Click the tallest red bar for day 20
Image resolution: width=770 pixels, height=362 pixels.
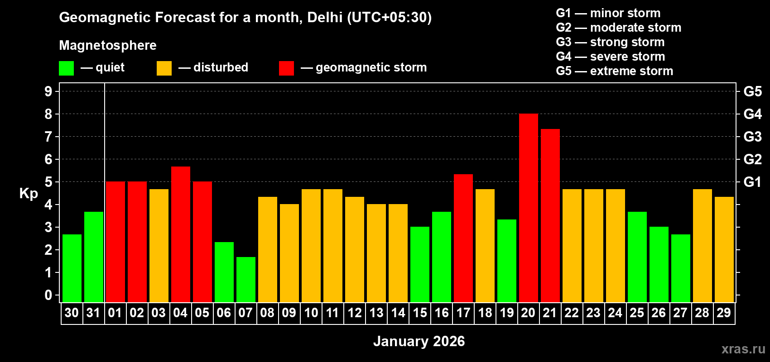coord(528,208)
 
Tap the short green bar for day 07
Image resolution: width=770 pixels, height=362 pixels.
coord(246,280)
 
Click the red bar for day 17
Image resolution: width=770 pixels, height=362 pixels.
coord(463,238)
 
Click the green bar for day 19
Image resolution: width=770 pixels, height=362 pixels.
coord(507,261)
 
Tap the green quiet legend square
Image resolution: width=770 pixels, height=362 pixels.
coord(67,68)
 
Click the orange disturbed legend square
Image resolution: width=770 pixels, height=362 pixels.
coord(164,68)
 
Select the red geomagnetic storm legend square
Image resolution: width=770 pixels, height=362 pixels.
coord(286,68)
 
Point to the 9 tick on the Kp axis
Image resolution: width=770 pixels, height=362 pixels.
coord(48,91)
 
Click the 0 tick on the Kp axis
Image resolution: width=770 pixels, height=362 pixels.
coord(48,295)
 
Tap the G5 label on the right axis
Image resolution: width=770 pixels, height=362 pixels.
coord(752,91)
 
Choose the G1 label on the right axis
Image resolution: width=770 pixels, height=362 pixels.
coord(752,182)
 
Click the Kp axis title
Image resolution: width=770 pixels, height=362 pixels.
coord(29,194)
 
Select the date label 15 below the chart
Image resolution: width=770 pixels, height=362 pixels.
coord(420,313)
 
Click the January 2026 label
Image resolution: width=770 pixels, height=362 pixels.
coord(419,341)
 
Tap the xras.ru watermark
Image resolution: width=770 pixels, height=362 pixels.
coord(743,348)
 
